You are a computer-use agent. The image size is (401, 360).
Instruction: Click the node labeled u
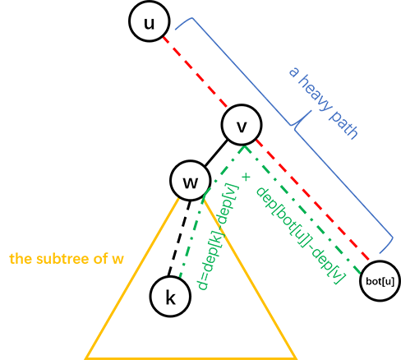tap(150, 21)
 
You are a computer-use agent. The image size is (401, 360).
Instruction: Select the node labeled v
tap(242, 125)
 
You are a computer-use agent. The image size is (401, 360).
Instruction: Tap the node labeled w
tap(191, 181)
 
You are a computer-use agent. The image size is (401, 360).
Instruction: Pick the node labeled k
tap(170, 297)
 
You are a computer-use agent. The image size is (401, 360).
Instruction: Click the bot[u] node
tap(380, 281)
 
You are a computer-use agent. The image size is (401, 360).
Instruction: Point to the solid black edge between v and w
tap(216, 153)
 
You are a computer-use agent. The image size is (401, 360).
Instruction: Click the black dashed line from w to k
tap(179, 238)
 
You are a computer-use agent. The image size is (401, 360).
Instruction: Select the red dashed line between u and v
tap(195, 72)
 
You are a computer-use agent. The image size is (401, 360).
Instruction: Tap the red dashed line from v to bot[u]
tap(312, 200)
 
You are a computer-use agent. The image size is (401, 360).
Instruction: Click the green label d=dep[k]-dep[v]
tap(219, 238)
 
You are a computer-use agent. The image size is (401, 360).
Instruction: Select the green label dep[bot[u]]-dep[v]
tap(300, 236)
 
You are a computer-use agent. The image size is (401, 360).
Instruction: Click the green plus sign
tap(246, 177)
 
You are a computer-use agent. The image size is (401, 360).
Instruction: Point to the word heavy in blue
tap(316, 94)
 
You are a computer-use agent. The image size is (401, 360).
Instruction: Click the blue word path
tap(343, 125)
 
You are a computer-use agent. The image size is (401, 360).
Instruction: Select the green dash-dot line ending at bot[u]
tap(302, 210)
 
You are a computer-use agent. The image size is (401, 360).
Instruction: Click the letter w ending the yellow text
tap(118, 259)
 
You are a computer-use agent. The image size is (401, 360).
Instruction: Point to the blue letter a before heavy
tap(293, 72)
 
